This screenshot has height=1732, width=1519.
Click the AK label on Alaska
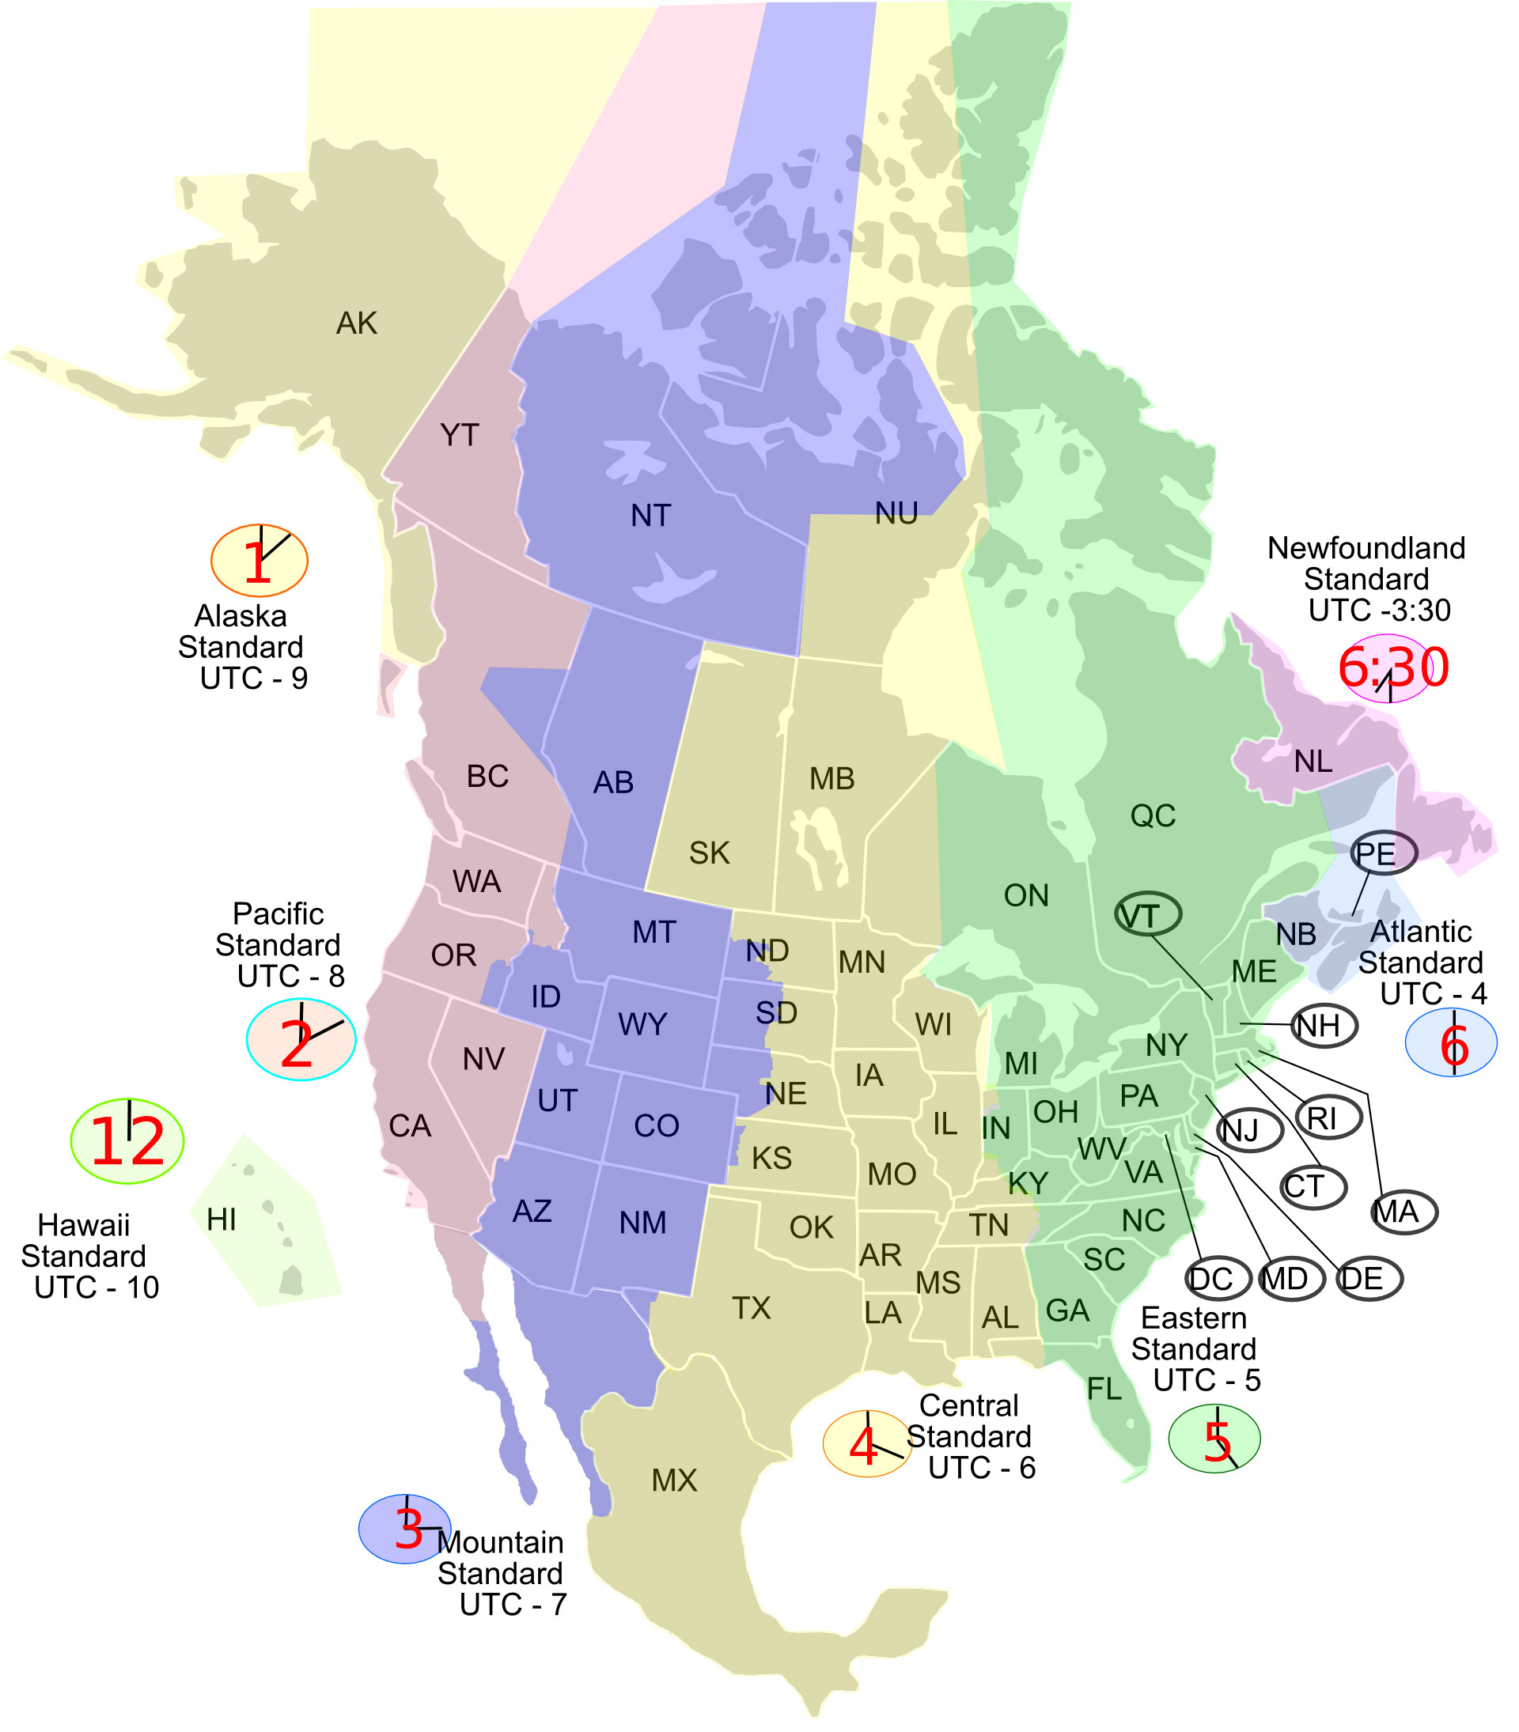(357, 323)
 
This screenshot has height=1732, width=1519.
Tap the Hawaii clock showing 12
(127, 1140)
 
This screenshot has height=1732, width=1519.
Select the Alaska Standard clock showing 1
(259, 561)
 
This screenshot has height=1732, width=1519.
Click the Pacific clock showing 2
(301, 1040)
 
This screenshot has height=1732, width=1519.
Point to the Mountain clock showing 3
(405, 1529)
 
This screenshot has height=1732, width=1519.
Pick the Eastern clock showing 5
(1214, 1439)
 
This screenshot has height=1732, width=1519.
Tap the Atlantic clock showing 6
(1451, 1043)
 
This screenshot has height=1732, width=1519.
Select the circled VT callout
(1148, 915)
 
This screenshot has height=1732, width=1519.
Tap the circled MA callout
(1403, 1212)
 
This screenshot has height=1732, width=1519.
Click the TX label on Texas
(752, 1308)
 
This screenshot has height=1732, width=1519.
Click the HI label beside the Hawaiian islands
(222, 1220)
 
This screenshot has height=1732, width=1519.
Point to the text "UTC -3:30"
(1379, 610)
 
